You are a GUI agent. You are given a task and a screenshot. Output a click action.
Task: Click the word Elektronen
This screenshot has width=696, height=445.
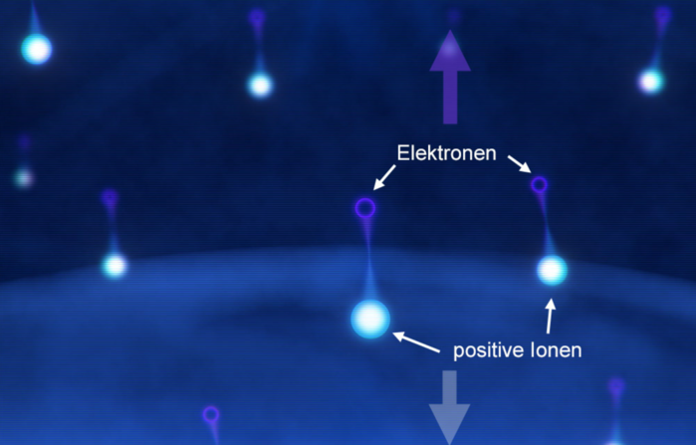coord(446,153)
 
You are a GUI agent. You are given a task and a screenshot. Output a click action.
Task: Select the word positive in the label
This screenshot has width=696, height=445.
coord(488,350)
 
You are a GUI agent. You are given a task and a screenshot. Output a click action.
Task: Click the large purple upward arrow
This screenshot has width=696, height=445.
coord(450,77)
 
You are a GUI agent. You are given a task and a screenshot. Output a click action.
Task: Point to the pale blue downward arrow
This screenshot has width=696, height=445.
coord(450,406)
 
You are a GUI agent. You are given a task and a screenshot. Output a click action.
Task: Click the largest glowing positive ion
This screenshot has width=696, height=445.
coord(370,319)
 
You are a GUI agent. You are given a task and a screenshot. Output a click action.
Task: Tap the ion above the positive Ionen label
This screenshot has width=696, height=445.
coord(553,270)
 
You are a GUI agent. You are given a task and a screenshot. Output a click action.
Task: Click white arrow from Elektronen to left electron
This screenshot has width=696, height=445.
coord(384,177)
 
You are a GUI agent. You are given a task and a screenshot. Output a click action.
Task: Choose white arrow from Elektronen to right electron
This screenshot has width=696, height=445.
coord(520,164)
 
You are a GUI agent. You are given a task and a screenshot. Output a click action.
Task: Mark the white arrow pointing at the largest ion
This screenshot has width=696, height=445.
coord(416,342)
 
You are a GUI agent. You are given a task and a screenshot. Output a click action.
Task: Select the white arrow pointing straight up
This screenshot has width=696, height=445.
coord(550,316)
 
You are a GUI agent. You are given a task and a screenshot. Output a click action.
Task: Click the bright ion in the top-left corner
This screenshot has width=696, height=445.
coord(37,49)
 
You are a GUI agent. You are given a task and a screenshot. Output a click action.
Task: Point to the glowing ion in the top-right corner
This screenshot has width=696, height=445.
coord(651,82)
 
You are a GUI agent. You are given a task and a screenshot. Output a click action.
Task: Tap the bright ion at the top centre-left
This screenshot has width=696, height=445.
coord(260,85)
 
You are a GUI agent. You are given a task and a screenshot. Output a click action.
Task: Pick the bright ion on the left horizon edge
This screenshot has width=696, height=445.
coord(115,266)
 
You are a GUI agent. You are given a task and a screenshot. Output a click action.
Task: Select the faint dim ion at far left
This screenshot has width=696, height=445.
coord(24,178)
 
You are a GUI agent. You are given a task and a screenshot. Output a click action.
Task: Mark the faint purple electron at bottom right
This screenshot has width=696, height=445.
coord(616,386)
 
